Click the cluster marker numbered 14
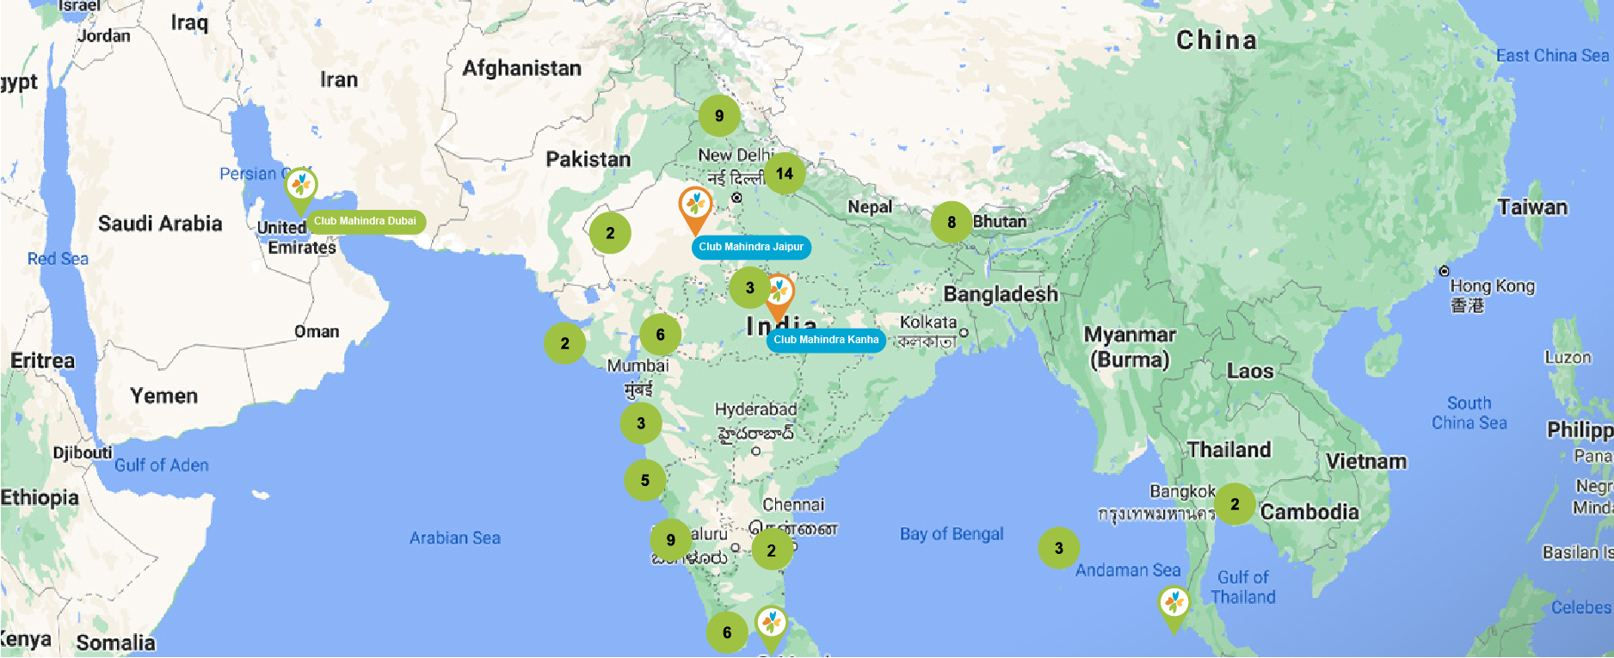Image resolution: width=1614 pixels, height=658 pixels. pyautogui.click(x=785, y=174)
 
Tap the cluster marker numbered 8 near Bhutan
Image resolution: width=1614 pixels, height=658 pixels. pyautogui.click(x=952, y=222)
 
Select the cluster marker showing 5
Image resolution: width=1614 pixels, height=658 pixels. pyautogui.click(x=644, y=480)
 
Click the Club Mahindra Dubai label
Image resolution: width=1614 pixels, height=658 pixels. pyautogui.click(x=365, y=221)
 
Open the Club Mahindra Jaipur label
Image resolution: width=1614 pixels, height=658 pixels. pyautogui.click(x=750, y=247)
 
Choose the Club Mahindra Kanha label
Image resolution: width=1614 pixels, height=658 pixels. pyautogui.click(x=826, y=340)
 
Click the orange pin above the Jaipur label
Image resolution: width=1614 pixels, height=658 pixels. pyautogui.click(x=695, y=207)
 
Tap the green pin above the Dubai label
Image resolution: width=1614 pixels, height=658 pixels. pyautogui.click(x=300, y=187)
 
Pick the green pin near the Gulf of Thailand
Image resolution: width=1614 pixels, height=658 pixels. pyautogui.click(x=1174, y=605)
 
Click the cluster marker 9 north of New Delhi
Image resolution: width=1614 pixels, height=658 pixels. pyautogui.click(x=719, y=115)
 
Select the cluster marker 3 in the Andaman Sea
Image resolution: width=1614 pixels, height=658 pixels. pyautogui.click(x=1059, y=548)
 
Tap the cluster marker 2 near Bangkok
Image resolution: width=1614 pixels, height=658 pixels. pyautogui.click(x=1235, y=504)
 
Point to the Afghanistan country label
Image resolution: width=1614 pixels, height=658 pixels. pyautogui.click(x=521, y=68)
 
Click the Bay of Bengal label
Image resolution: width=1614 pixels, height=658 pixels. pyautogui.click(x=952, y=534)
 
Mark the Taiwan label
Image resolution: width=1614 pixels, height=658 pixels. pyautogui.click(x=1532, y=207)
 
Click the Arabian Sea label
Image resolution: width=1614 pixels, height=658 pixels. pyautogui.click(x=454, y=538)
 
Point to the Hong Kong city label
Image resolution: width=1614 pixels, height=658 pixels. pyautogui.click(x=1492, y=286)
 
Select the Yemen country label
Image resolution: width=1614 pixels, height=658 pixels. pyautogui.click(x=163, y=396)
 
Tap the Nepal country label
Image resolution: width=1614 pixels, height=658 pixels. pyautogui.click(x=870, y=206)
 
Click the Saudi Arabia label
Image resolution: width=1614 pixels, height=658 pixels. pyautogui.click(x=160, y=224)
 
